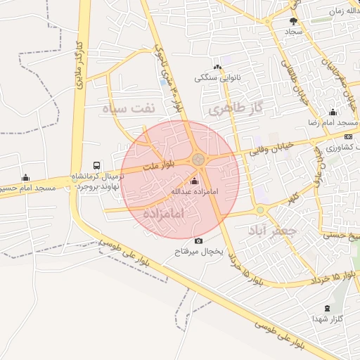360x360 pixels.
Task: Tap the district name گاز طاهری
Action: click(x=235, y=108)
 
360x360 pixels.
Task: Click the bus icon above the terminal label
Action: click(x=96, y=166)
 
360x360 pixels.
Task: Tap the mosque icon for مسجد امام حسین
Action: click(x=26, y=177)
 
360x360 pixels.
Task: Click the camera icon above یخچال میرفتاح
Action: click(x=198, y=241)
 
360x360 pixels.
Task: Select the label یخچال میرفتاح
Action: click(x=199, y=252)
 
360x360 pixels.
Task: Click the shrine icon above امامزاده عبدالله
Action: click(x=195, y=181)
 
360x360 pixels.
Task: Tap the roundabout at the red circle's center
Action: click(x=200, y=160)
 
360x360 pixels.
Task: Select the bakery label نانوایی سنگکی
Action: click(x=218, y=77)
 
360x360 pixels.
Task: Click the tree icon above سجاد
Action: click(x=293, y=22)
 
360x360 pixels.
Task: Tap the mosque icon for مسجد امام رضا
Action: click(x=333, y=112)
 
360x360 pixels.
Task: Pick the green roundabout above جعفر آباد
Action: click(x=259, y=210)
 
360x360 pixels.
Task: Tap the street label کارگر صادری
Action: click(x=78, y=67)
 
